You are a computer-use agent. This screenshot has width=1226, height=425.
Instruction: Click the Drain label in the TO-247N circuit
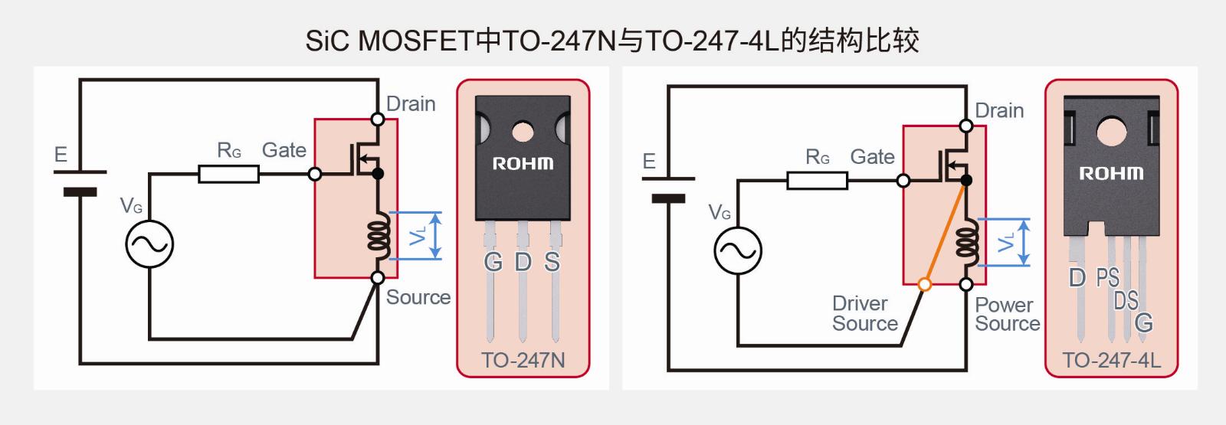point(411,104)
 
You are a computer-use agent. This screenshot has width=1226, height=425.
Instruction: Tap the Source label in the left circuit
point(418,297)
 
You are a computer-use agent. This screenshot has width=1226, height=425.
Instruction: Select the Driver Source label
point(865,313)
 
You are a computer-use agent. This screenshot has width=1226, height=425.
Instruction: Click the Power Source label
point(1007,314)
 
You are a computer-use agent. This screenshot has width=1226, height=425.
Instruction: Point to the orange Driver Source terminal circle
point(924,284)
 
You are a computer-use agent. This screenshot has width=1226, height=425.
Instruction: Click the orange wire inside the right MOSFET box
point(946,232)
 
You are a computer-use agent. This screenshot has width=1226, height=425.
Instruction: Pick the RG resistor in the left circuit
point(228,174)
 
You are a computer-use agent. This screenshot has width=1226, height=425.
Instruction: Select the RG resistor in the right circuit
point(817,181)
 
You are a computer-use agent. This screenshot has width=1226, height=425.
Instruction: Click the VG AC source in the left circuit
point(149,244)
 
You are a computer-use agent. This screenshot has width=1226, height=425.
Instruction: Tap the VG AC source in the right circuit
point(738,250)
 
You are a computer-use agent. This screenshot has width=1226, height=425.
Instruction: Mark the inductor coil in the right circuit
point(967,242)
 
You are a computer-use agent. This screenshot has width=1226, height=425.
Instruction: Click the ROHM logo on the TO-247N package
point(523,164)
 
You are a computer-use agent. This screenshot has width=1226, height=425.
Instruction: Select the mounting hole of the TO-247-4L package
point(1112,132)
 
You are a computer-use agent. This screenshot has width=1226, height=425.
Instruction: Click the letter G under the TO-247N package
point(493,263)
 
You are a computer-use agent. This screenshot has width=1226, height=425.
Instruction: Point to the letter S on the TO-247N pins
point(552,263)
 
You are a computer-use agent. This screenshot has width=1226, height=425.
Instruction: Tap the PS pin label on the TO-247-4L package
point(1108,278)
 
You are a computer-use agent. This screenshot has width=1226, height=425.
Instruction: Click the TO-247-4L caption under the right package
point(1112,361)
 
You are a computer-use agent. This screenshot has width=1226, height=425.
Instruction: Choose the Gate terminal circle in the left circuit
point(315,174)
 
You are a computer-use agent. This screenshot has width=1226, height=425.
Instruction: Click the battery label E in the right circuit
point(649,162)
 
